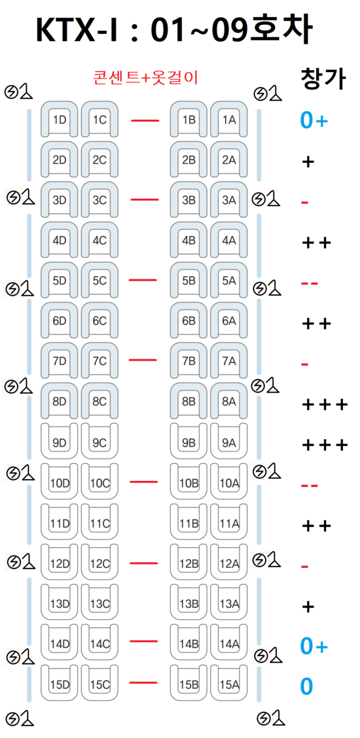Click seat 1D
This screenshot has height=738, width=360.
(x=59, y=120)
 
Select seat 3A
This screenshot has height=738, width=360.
(x=229, y=200)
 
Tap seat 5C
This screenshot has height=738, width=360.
(x=99, y=281)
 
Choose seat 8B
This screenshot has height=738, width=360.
(x=189, y=402)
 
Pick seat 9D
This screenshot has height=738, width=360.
(x=59, y=442)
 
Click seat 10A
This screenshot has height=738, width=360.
(x=229, y=483)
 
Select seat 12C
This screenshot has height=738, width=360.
(x=99, y=563)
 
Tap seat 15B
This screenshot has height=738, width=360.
(x=189, y=684)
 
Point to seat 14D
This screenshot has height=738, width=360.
(x=59, y=644)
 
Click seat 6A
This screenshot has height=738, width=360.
(x=229, y=321)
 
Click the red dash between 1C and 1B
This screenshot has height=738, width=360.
(x=145, y=120)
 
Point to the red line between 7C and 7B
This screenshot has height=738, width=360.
(x=144, y=360)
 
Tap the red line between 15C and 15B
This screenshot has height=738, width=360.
(x=144, y=683)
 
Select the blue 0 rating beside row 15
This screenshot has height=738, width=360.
(x=306, y=687)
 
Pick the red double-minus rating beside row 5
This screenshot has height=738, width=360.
(x=310, y=283)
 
